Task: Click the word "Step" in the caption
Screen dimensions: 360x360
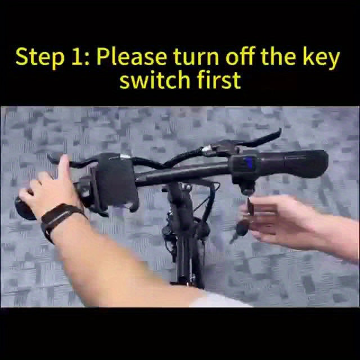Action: point(40,57)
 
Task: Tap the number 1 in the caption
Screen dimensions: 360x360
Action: point(78,57)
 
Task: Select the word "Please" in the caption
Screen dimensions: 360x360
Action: point(132,56)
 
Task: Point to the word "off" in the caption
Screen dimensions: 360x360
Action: point(240,56)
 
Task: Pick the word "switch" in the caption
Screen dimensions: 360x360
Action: point(155,80)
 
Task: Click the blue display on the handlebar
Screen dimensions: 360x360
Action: point(249,163)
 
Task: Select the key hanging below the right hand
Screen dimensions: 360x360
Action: point(240,230)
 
